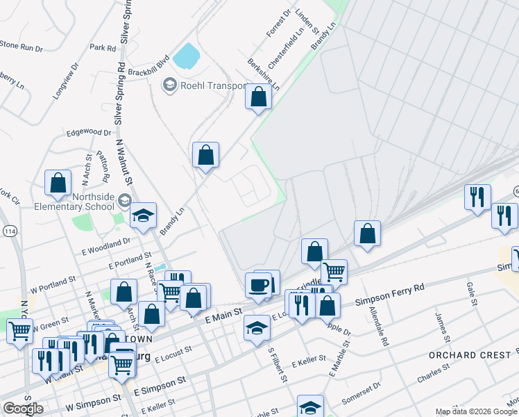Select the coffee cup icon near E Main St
click(258, 286)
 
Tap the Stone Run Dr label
click(22, 47)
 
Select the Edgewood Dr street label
click(88, 132)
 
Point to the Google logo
click(23, 409)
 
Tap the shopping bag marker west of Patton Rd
click(58, 183)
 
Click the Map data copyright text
click(475, 411)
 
